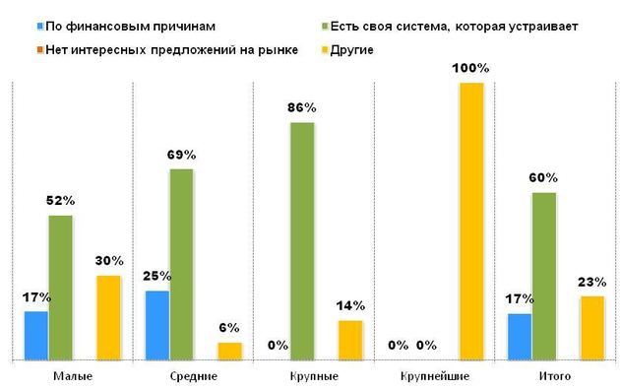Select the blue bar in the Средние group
[x=157, y=325]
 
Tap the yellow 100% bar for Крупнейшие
[x=472, y=222]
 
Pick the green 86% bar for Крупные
[x=302, y=241]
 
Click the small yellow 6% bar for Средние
[x=229, y=351]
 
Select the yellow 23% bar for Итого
[x=592, y=328]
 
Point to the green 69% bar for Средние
[x=181, y=264]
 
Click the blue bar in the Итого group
[x=520, y=337]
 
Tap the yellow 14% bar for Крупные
[x=350, y=340]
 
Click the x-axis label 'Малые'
[x=72, y=376]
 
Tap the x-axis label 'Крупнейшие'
[x=436, y=376]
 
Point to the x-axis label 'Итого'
[x=556, y=376]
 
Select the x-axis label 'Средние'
[x=193, y=376]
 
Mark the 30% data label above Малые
[x=109, y=261]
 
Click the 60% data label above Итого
[x=544, y=178]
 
